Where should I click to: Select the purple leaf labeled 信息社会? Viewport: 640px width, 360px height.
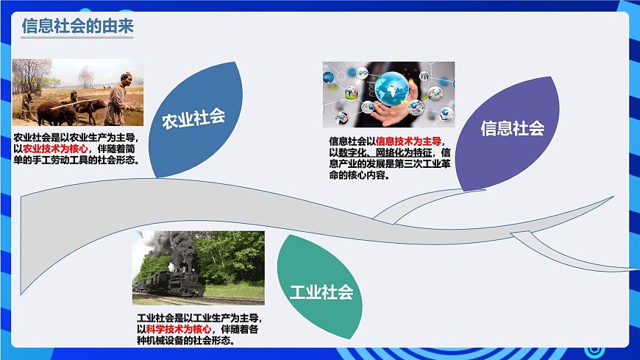point(512,130)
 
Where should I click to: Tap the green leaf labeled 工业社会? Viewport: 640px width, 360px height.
point(321,292)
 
